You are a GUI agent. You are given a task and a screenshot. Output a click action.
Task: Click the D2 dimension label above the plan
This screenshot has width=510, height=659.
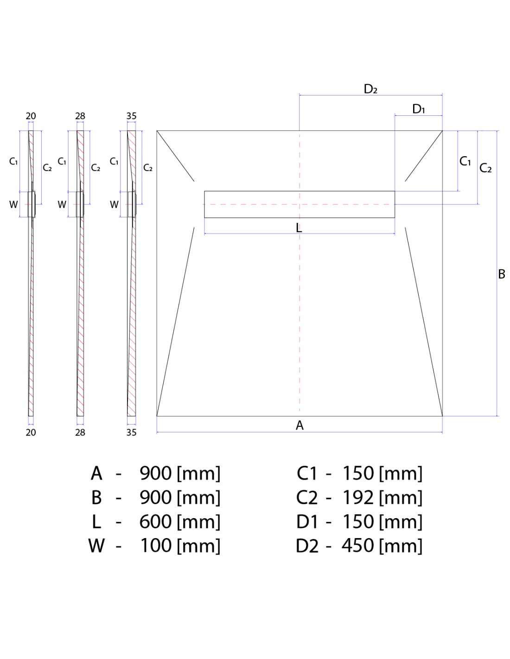370,89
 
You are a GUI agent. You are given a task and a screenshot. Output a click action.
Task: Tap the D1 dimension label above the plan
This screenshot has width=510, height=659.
418,109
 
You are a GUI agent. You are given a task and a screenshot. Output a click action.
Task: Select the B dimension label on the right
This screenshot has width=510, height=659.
502,274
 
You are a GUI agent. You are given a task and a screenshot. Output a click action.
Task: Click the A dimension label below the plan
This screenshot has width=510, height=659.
300,425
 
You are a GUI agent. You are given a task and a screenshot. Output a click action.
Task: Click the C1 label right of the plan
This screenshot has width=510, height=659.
465,161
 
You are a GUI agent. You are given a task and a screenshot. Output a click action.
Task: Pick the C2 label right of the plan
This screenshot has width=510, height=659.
485,168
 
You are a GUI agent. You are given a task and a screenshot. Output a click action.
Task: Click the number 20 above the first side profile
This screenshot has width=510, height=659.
31,116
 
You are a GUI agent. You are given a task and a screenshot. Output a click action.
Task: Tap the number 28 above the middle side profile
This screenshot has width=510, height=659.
80,116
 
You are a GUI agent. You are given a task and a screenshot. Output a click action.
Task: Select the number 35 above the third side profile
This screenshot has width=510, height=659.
131,116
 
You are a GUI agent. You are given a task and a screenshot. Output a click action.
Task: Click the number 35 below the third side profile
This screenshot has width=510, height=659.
131,432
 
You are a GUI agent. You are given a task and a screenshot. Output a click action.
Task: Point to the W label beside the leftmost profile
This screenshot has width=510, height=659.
13,205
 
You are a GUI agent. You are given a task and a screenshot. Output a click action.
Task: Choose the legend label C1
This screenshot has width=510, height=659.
307,474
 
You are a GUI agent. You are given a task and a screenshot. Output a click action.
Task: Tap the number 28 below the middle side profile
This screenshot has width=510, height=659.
80,432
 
